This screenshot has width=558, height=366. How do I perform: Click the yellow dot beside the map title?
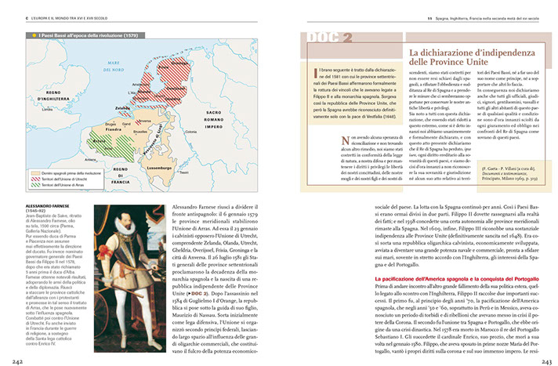click(x=31, y=35)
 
